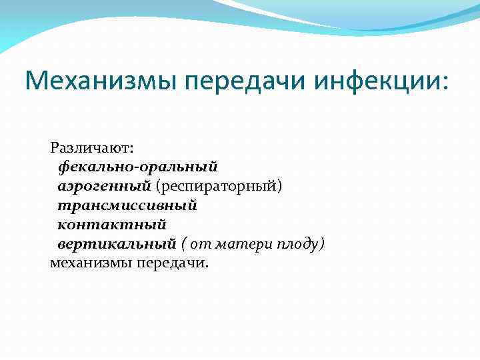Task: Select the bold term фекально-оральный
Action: [x=137, y=164]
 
